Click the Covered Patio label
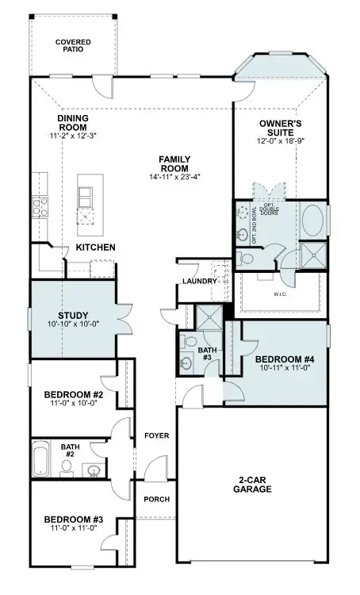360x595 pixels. pos(72,44)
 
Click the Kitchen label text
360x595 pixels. pos(95,248)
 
